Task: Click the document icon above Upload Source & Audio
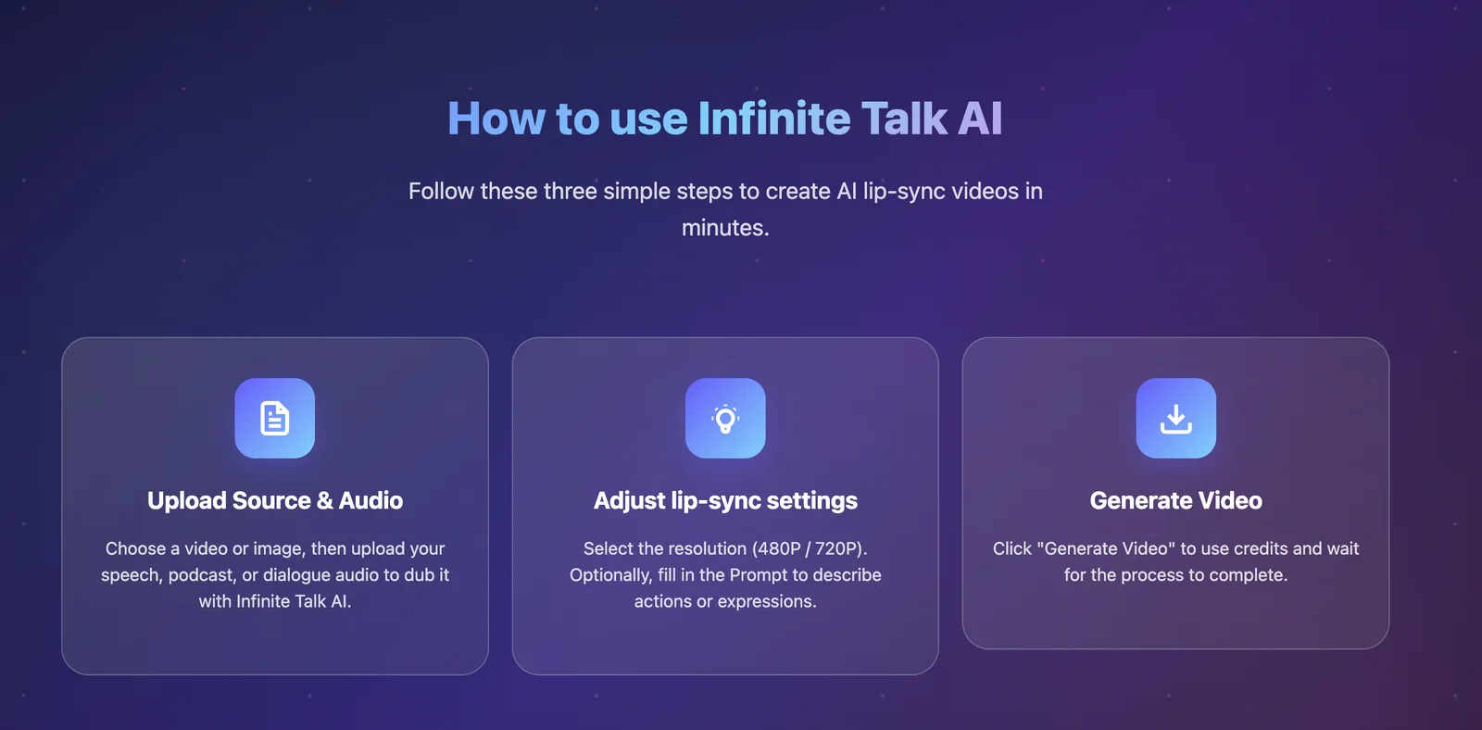pyautogui.click(x=274, y=419)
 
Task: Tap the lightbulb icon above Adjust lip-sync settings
pyautogui.click(x=725, y=419)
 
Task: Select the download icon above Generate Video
pyautogui.click(x=1175, y=419)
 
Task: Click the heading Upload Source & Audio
pyautogui.click(x=274, y=500)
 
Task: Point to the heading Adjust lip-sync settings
pyautogui.click(x=725, y=501)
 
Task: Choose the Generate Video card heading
pyautogui.click(x=1175, y=500)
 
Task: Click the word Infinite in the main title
pyautogui.click(x=774, y=119)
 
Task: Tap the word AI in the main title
pyautogui.click(x=980, y=119)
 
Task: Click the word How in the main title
pyautogui.click(x=496, y=119)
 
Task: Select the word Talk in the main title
pyautogui.click(x=904, y=119)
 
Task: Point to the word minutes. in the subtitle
pyautogui.click(x=725, y=228)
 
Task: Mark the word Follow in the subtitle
pyautogui.click(x=441, y=191)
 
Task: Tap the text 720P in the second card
pyautogui.click(x=835, y=548)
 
